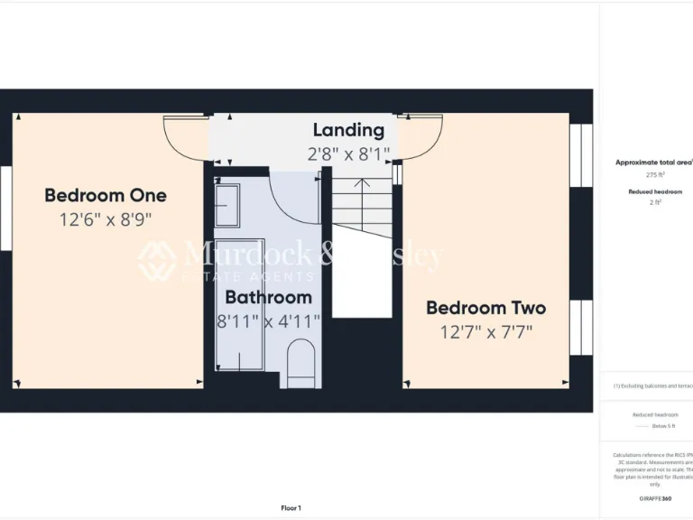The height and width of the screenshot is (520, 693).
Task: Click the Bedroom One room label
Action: click(x=106, y=195)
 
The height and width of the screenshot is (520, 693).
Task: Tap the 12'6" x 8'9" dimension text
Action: click(x=106, y=219)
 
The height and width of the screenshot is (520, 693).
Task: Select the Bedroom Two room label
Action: click(x=485, y=308)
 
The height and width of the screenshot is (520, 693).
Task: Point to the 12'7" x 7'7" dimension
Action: click(x=485, y=332)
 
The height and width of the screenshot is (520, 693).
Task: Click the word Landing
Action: click(x=348, y=130)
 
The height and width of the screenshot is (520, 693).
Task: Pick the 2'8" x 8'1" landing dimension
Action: click(x=348, y=153)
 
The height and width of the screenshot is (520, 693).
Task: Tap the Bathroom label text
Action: click(x=268, y=297)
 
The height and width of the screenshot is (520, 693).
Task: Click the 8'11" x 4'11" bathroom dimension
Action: click(x=268, y=320)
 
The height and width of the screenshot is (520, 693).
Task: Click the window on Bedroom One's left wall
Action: click(x=5, y=208)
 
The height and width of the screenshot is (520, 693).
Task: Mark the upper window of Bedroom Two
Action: click(x=581, y=155)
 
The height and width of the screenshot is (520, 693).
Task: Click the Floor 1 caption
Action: click(x=291, y=508)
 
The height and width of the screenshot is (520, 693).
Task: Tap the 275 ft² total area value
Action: click(x=655, y=175)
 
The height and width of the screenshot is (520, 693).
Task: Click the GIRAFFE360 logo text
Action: click(x=655, y=498)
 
